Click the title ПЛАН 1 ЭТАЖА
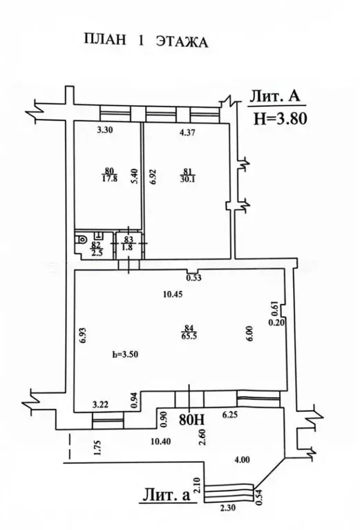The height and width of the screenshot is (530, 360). point(145,41)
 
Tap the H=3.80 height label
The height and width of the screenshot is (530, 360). point(281,119)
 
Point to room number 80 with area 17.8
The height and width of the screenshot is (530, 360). point(109,175)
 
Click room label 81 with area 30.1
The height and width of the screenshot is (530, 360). point(189,175)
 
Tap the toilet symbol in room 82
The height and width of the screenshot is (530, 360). point(82,239)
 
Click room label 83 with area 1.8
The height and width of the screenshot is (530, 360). point(129,243)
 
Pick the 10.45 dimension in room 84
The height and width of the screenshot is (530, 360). point(172,294)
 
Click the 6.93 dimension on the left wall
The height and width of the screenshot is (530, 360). point(84,335)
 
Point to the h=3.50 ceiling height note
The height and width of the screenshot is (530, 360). point(125,354)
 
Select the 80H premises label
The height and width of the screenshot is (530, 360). point(191,419)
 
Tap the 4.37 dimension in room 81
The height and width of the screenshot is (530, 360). point(187,133)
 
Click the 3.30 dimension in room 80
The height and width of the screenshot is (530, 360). point(104,130)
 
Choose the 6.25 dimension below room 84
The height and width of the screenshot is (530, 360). point(230,415)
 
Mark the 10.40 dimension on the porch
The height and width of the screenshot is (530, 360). point(160,441)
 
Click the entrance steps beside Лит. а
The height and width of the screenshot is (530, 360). point(229,493)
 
